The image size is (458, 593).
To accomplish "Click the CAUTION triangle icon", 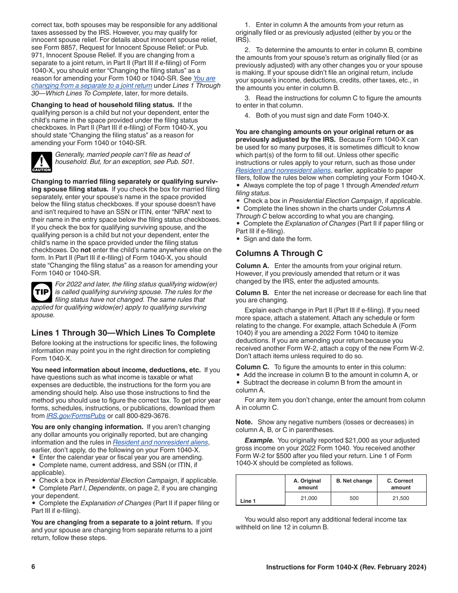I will [41, 162].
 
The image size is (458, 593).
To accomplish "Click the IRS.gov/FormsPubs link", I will [76, 416].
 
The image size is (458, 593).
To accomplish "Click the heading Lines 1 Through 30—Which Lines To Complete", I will [123, 333].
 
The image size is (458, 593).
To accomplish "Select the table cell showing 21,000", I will [309, 498].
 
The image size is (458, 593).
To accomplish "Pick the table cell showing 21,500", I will [401, 498].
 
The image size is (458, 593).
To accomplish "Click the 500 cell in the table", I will [354, 498].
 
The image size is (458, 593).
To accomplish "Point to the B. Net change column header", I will [354, 481].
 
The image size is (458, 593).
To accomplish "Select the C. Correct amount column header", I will [401, 484].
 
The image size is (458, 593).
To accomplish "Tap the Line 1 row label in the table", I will [248, 501].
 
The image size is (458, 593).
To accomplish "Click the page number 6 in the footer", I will [33, 567].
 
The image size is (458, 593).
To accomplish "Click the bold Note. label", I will [244, 422].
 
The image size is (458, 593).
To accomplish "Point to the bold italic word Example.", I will [259, 440].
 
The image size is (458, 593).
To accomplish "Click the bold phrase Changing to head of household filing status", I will [103, 105].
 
